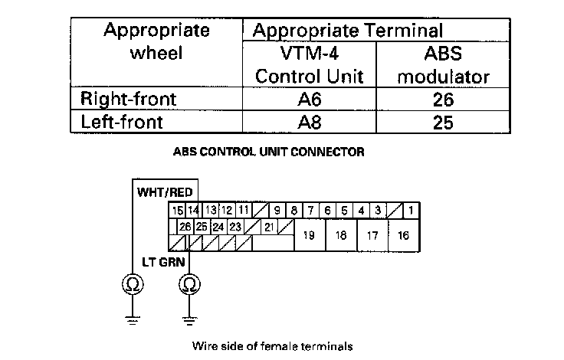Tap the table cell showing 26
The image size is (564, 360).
[442, 100]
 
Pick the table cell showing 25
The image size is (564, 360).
[442, 122]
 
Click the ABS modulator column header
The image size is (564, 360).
[444, 66]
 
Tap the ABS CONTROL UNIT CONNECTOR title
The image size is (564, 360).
[269, 152]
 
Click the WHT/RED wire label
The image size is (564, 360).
[165, 191]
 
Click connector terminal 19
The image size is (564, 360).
[310, 236]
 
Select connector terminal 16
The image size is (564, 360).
[403, 236]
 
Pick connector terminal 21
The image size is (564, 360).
[270, 227]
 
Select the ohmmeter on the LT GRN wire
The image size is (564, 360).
[189, 286]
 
